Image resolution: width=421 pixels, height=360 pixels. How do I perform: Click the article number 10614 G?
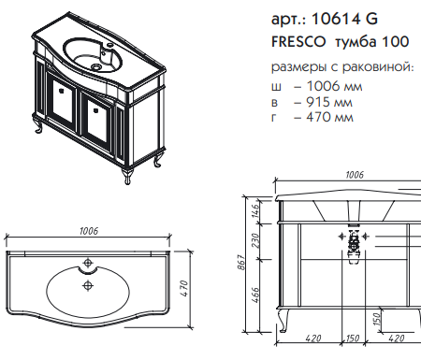(344, 19)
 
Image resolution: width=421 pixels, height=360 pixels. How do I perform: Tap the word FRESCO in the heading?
(298, 42)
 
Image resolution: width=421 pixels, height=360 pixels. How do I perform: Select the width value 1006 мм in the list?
(334, 86)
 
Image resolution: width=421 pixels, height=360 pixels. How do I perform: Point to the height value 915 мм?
(329, 102)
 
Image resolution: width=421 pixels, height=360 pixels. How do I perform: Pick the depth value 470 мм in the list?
(329, 117)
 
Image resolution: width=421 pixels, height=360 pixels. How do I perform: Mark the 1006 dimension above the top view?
(89, 231)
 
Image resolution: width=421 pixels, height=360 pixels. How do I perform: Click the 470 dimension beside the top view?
(184, 288)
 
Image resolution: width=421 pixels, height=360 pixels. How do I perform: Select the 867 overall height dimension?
(243, 263)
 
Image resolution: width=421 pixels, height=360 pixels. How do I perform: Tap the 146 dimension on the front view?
(255, 211)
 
